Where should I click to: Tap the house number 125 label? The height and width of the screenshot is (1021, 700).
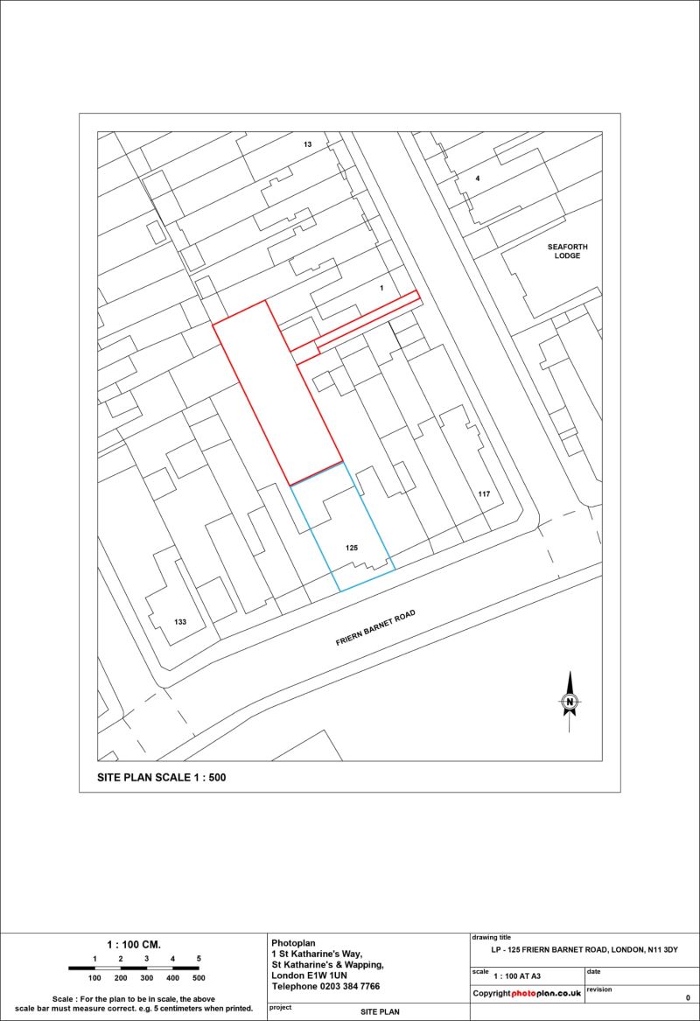point(352,547)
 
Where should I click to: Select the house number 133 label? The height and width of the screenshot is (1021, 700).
point(180,622)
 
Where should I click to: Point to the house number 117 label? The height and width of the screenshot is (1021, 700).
point(484,494)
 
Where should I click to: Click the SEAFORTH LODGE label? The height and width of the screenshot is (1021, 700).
point(563,252)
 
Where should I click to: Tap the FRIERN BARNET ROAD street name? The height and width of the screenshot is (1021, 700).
point(374,629)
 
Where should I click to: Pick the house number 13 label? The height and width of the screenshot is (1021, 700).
point(307,143)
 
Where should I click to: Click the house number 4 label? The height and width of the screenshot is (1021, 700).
point(477,178)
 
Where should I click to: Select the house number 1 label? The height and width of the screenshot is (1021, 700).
point(381,287)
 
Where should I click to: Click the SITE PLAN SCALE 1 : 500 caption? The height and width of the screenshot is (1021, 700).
point(161,777)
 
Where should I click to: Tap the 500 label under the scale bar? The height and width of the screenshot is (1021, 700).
point(199,978)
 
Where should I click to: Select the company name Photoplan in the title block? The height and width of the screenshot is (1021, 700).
point(294,942)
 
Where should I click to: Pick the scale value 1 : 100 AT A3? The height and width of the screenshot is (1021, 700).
point(517,975)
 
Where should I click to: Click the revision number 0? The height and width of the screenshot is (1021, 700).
point(688,997)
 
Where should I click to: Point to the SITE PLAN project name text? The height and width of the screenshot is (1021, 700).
point(380,1011)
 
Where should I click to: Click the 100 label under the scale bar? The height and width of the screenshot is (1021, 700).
point(94,978)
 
